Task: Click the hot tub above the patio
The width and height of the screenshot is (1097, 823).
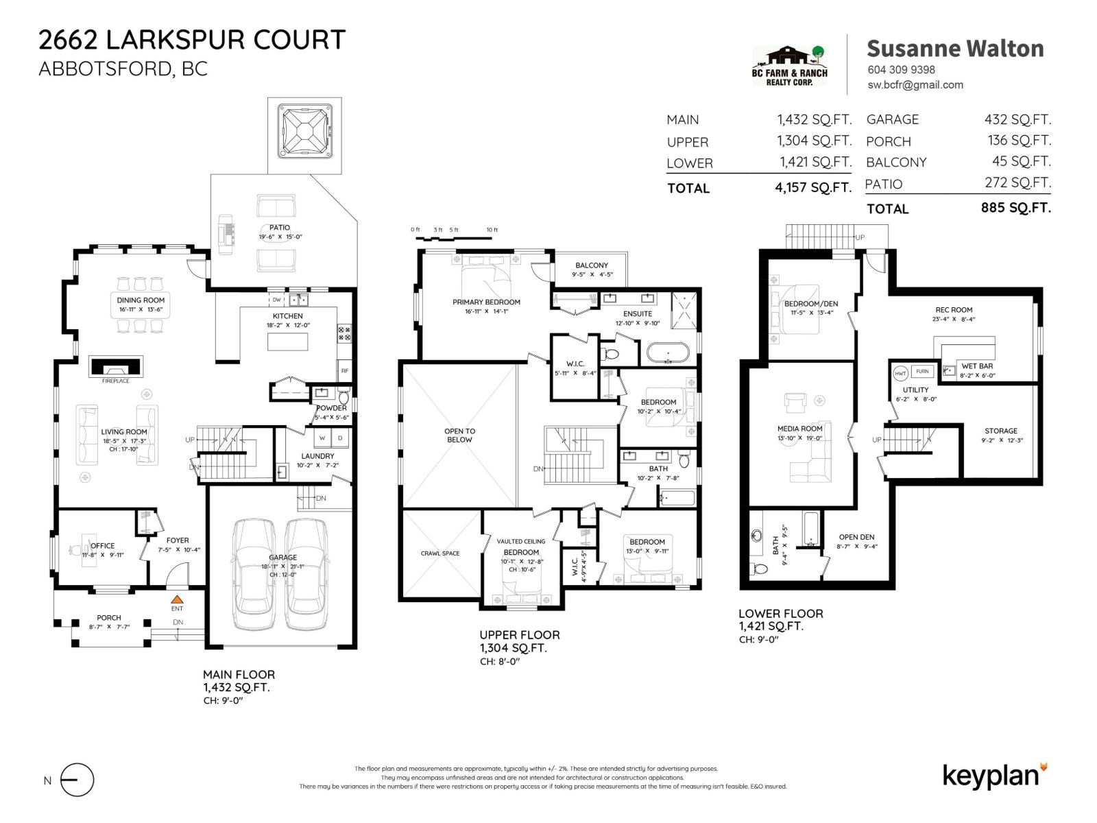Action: [x=304, y=130]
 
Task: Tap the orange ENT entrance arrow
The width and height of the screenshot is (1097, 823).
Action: [x=177, y=599]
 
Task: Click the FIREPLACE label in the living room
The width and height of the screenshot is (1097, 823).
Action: [x=115, y=381]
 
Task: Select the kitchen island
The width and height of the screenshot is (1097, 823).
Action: [x=287, y=341]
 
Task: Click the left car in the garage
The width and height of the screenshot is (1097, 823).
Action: [x=254, y=574]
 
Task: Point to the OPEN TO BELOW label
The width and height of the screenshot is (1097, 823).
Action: [x=459, y=436]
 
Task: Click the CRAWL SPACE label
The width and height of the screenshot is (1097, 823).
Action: [x=440, y=553]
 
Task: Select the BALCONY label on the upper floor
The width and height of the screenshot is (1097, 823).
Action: [x=592, y=265]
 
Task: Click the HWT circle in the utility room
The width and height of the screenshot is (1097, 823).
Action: [x=900, y=374]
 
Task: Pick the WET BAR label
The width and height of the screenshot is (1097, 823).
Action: [x=977, y=366]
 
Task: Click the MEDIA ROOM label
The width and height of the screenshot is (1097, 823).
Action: [x=799, y=429]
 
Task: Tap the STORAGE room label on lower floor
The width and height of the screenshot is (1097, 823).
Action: [x=1001, y=431]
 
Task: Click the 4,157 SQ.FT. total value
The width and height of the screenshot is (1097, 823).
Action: [x=813, y=187]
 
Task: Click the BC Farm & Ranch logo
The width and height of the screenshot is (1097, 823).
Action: [x=790, y=66]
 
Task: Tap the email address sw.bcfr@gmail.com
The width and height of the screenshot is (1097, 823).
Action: [x=915, y=85]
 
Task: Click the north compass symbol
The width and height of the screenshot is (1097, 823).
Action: [x=77, y=780]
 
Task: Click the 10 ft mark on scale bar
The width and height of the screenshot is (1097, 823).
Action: [x=492, y=230]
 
